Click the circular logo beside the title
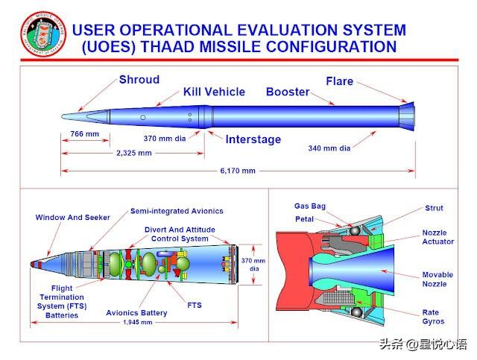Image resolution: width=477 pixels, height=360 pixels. tap(40, 36)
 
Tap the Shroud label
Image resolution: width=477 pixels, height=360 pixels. tap(139, 80)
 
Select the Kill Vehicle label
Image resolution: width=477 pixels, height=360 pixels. tap(214, 92)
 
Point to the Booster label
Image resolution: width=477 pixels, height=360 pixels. tap(288, 92)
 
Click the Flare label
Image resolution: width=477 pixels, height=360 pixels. tap(339, 80)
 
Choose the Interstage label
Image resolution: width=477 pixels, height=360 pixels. tap(253, 139)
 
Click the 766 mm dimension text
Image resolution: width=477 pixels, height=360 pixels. tap(84, 134)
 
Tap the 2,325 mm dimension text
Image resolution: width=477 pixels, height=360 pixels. tap(134, 152)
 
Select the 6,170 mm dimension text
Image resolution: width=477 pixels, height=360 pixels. tap(238, 171)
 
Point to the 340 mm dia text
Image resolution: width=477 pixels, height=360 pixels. tap(329, 148)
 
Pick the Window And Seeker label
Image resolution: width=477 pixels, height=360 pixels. tap(72, 218)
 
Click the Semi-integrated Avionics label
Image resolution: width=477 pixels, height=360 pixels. tap(177, 211)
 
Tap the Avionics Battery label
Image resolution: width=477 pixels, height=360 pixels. tap(137, 313)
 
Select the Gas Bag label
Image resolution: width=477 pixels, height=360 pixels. tap(309, 206)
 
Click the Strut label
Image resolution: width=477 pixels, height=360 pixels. tap(433, 209)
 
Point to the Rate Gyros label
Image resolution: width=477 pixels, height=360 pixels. tap(433, 317)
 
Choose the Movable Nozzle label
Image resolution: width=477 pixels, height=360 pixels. tap(437, 279)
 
